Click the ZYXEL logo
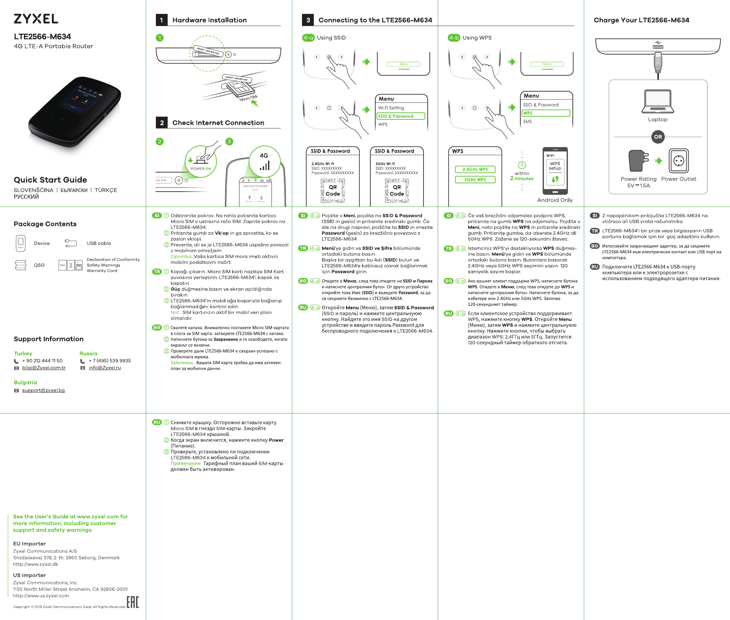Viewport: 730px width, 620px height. [36, 19]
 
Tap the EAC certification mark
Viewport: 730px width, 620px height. [133, 602]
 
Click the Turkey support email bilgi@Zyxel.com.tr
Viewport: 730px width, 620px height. [44, 368]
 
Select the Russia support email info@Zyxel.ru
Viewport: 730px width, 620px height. [105, 368]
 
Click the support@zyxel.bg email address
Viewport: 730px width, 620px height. [43, 390]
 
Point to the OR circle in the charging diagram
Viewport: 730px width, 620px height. [658, 137]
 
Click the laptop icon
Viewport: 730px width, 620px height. [657, 101]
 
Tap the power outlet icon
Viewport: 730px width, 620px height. [678, 161]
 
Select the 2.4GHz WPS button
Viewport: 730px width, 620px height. [475, 169]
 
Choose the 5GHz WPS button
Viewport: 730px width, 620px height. [475, 179]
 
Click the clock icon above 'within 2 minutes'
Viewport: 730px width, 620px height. [522, 165]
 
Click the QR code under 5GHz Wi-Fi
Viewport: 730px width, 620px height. [396, 191]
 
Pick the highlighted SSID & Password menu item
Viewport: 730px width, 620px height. [401, 116]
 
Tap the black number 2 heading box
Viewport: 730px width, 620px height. [162, 123]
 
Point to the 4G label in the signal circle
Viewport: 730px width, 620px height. [264, 156]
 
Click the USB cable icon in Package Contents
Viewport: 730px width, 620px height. [71, 243]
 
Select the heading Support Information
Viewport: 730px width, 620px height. [49, 339]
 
